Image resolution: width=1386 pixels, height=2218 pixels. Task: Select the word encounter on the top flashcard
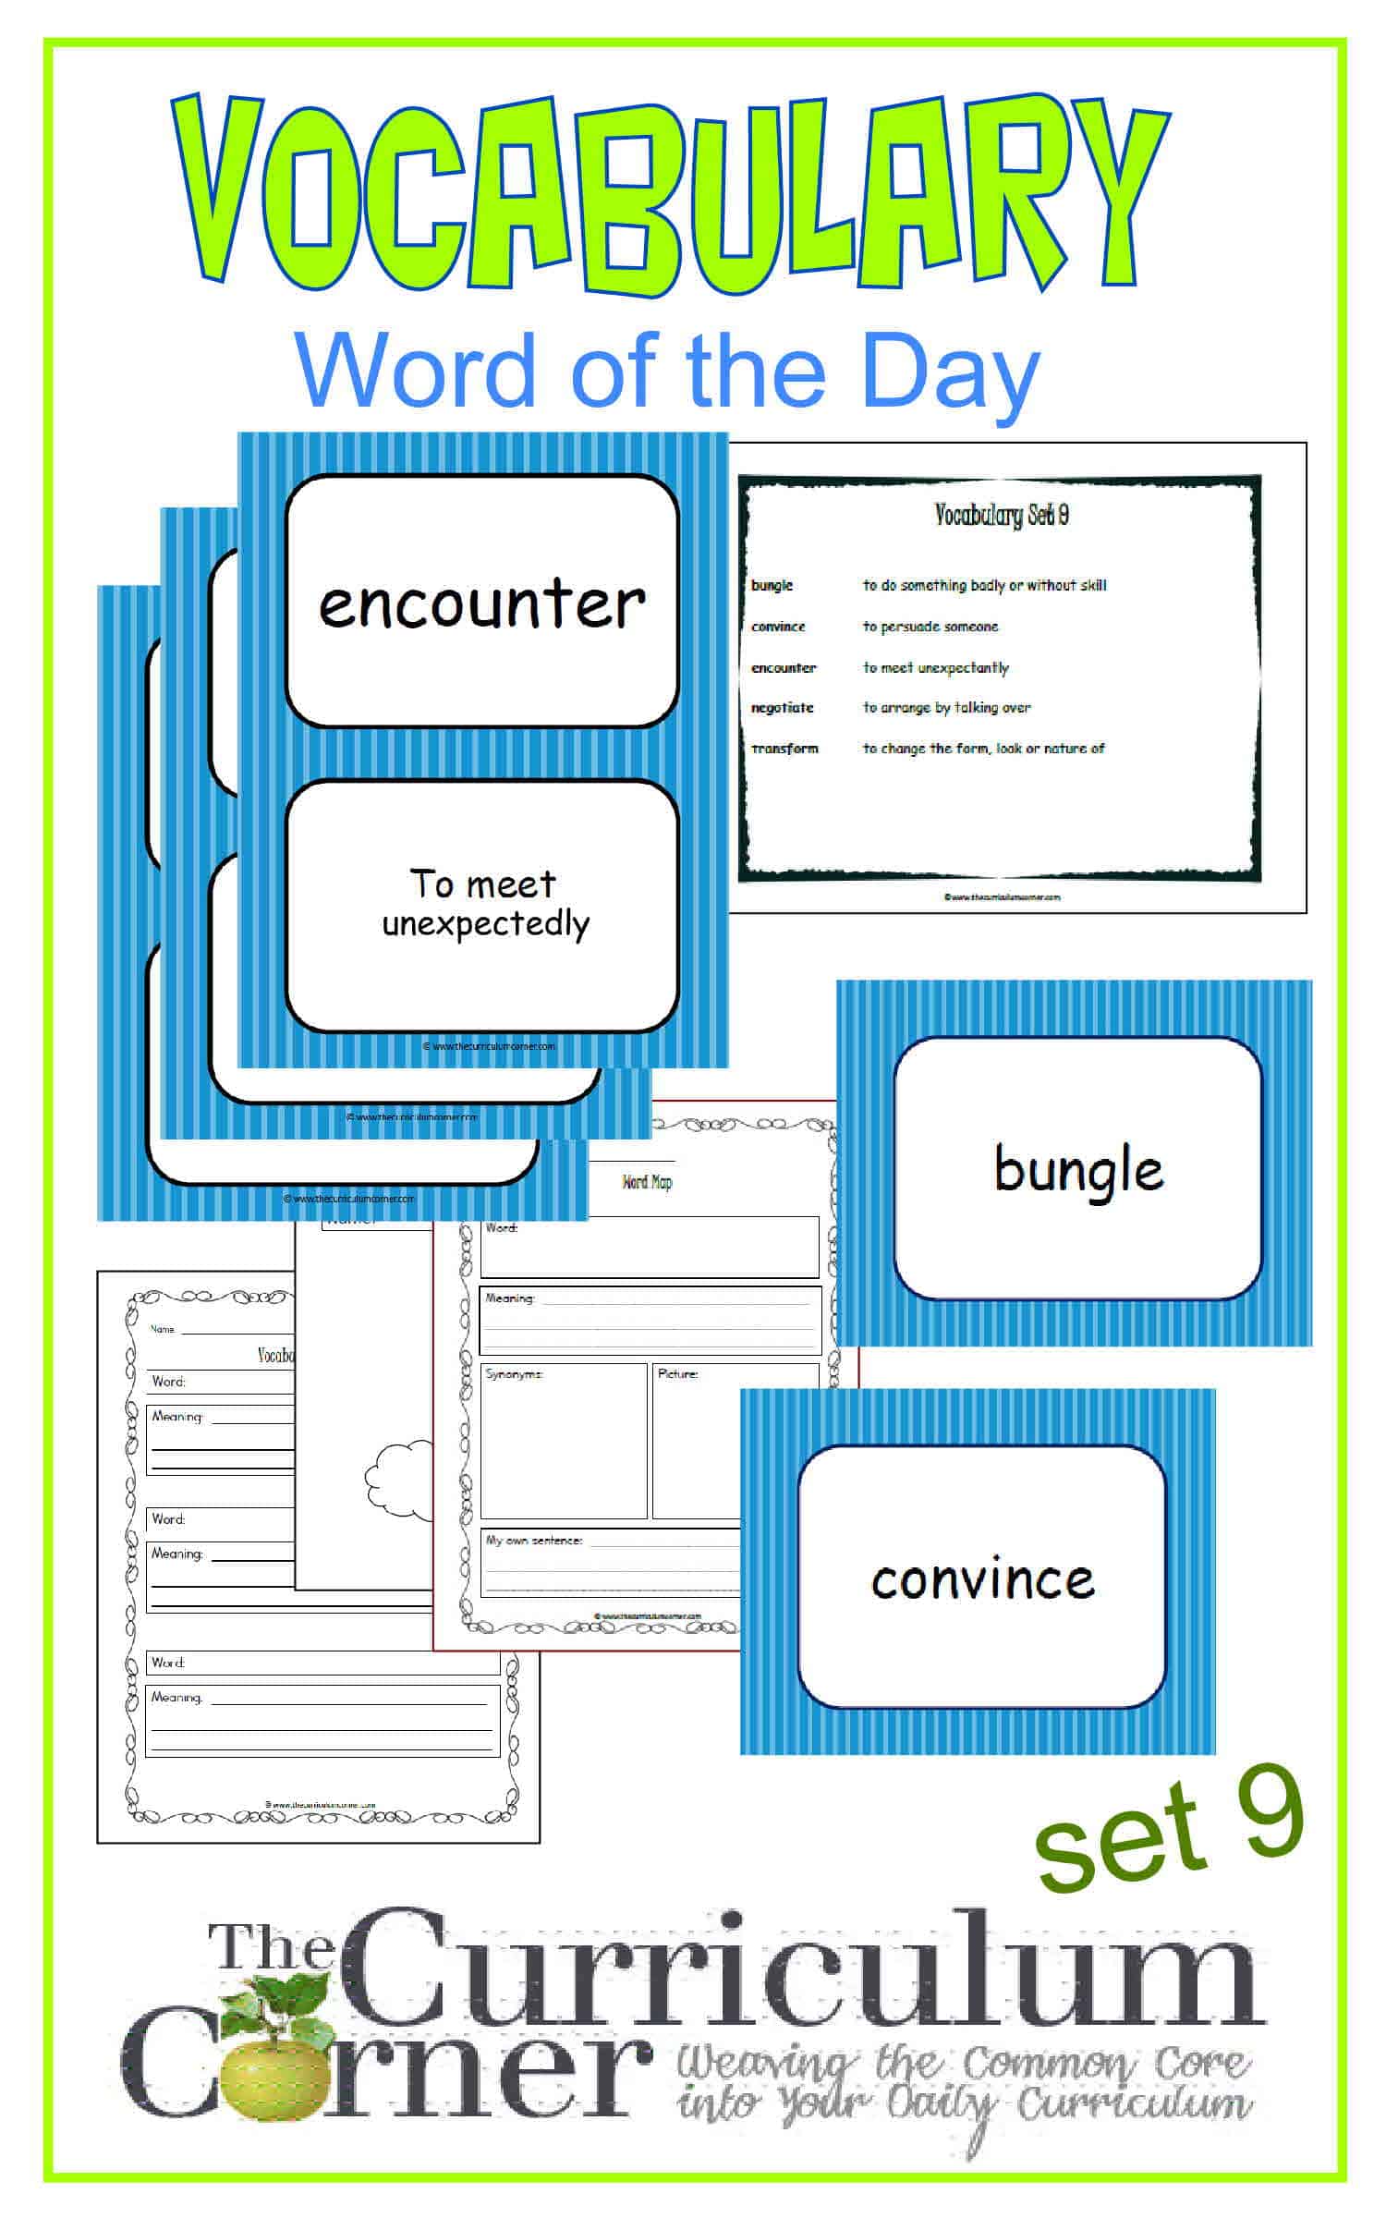tap(481, 605)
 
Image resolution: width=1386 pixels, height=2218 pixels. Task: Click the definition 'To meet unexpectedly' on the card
tap(484, 904)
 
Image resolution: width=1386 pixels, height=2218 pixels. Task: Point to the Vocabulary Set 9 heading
tap(1002, 515)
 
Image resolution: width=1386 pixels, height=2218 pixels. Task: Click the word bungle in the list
tap(772, 585)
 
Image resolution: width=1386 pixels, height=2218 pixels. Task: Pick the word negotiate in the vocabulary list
tap(782, 708)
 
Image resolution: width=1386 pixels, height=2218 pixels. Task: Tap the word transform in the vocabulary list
tap(784, 749)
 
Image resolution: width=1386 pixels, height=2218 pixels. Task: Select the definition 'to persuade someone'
tap(930, 627)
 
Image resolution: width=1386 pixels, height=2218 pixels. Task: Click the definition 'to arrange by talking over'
tap(946, 708)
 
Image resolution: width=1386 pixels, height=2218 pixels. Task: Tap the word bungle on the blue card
tap(1078, 1171)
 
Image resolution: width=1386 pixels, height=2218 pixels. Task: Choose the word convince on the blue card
tap(982, 1579)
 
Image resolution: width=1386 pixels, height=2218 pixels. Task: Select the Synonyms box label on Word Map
tap(515, 1374)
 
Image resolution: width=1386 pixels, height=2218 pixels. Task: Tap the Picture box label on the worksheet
tap(677, 1374)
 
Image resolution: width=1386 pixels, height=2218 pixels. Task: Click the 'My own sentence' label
tap(534, 1541)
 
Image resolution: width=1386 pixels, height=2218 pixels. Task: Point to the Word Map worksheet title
tap(647, 1182)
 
